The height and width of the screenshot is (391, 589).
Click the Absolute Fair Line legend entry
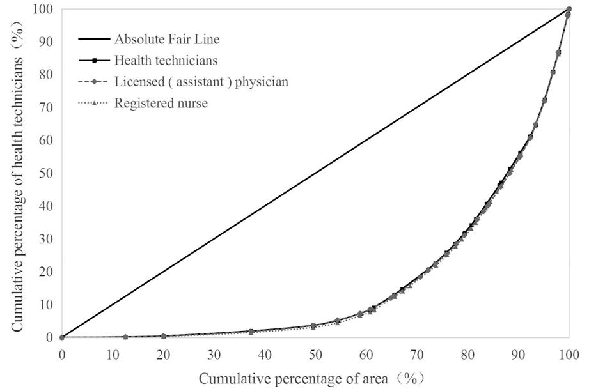[166, 39]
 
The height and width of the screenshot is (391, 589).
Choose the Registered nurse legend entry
[161, 103]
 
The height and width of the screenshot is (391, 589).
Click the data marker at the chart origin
[62, 337]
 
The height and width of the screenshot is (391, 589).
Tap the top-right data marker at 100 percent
[569, 10]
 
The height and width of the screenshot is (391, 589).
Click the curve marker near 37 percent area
[251, 332]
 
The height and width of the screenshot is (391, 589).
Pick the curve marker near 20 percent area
[164, 336]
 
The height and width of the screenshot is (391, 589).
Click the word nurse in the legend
[194, 103]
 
